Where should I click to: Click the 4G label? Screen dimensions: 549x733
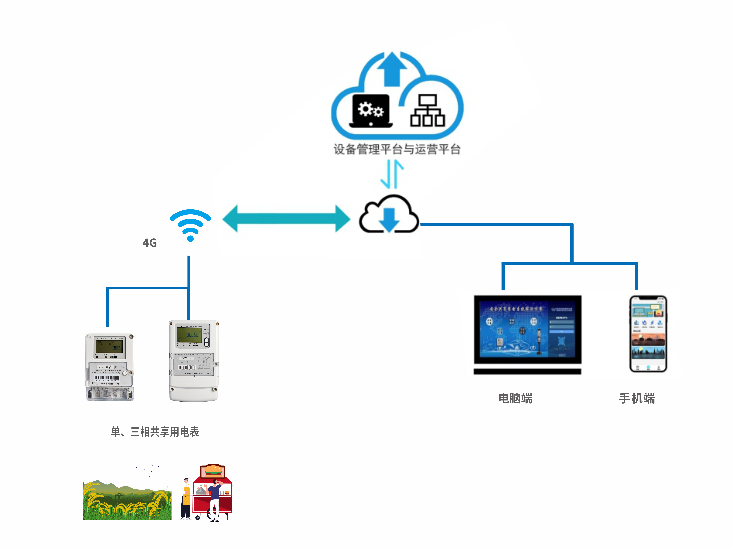pyautogui.click(x=149, y=243)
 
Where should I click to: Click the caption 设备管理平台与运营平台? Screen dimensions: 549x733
pyautogui.click(x=397, y=149)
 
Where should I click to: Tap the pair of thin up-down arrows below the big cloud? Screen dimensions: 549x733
pyautogui.click(x=392, y=174)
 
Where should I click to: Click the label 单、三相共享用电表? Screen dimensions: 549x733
pyautogui.click(x=155, y=432)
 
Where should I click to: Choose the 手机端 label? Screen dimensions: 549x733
pyautogui.click(x=637, y=398)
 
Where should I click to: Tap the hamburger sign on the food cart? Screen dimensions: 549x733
pyautogui.click(x=213, y=470)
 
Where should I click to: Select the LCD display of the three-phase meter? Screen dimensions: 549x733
pyautogui.click(x=189, y=335)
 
